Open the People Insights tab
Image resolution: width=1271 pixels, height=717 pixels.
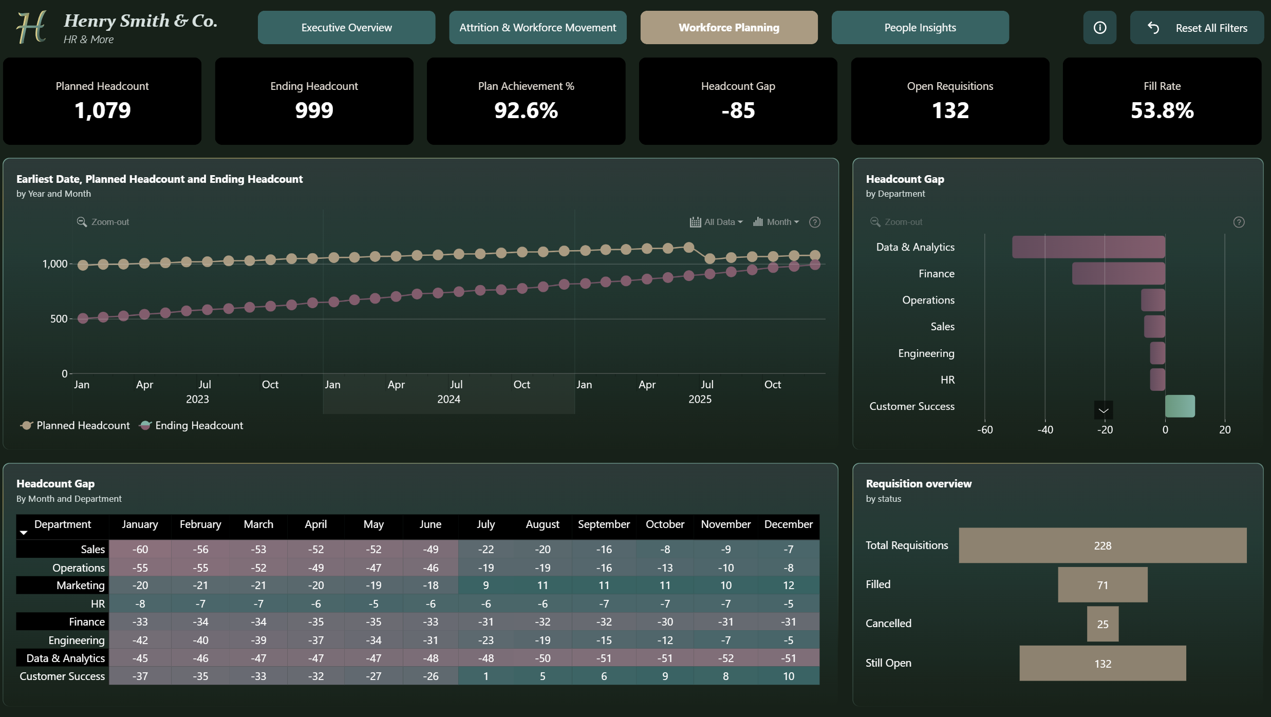[x=920, y=28]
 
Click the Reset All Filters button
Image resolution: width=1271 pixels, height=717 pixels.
[x=1197, y=28]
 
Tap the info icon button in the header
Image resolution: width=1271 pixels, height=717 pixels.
[x=1099, y=28]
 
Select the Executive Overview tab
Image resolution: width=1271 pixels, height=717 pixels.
[x=346, y=28]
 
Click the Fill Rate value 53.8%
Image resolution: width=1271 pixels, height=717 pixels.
[x=1162, y=110]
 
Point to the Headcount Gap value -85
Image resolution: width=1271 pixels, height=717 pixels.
[x=738, y=110]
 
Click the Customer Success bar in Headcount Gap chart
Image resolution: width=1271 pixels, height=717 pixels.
[x=1180, y=406]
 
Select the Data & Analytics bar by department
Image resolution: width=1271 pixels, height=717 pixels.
[x=1088, y=247]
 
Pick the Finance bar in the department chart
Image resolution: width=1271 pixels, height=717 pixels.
[x=1118, y=274]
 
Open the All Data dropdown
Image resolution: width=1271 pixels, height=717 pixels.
[x=716, y=222]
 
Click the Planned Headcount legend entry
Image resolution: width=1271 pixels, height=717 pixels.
[x=75, y=425]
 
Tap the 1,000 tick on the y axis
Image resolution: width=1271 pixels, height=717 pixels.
[x=55, y=264]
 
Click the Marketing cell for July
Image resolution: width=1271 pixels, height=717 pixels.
[x=485, y=586]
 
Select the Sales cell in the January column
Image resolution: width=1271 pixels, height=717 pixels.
[x=140, y=549]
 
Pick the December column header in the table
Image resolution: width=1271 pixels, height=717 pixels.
[x=788, y=524]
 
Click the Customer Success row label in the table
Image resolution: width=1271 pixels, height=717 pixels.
[x=62, y=676]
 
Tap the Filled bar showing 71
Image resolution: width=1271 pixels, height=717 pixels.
[x=1102, y=585]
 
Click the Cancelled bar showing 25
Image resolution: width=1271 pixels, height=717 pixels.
[x=1102, y=624]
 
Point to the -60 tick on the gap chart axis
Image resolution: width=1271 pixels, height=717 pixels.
[x=985, y=430]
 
